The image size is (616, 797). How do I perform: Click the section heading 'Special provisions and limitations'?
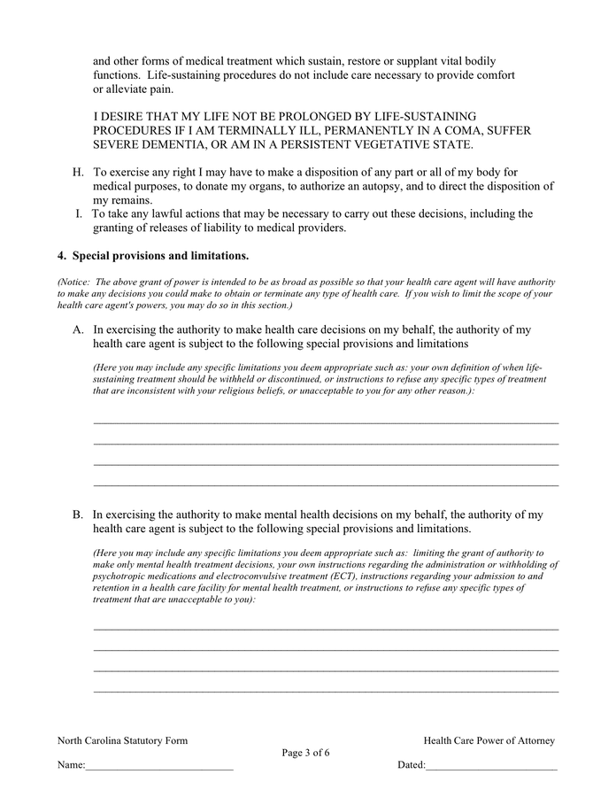click(159, 256)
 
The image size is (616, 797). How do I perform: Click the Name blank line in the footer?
click(159, 767)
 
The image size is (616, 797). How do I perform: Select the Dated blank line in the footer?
click(491, 767)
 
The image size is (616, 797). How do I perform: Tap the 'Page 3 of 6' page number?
click(306, 754)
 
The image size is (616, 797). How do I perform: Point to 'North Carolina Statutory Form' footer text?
click(122, 740)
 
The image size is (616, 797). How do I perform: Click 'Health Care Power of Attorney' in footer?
click(489, 740)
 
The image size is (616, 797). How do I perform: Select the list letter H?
click(78, 172)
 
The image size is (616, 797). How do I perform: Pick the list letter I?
click(80, 213)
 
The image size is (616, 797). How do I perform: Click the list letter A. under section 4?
click(78, 329)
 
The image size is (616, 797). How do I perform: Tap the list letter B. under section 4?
click(78, 515)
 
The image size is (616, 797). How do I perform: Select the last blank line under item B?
click(326, 692)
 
